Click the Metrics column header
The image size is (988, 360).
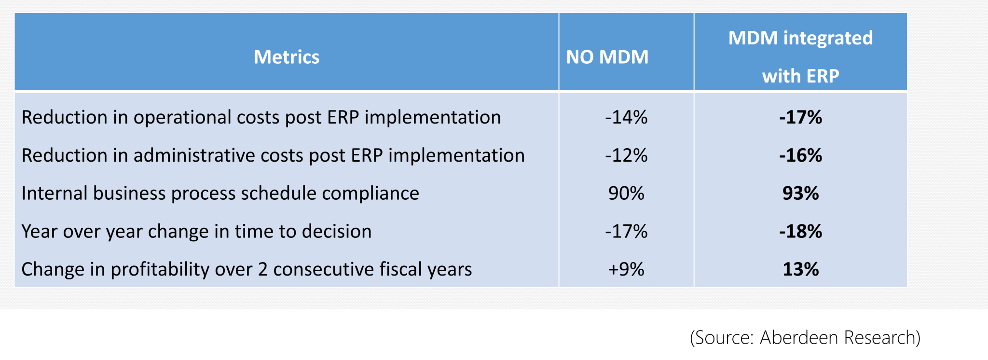point(287,57)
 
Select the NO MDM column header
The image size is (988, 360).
point(607,57)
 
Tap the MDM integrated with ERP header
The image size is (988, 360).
point(800,56)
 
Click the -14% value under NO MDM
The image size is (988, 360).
point(626,117)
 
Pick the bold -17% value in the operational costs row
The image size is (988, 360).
point(800,117)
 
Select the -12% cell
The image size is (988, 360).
point(626,155)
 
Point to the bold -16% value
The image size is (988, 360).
point(800,155)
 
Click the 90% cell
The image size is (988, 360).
point(626,193)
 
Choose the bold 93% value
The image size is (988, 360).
point(800,193)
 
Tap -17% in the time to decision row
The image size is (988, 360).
point(626,231)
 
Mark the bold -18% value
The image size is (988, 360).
point(800,231)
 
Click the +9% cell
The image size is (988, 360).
point(626,269)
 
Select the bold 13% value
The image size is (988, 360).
point(800,269)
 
